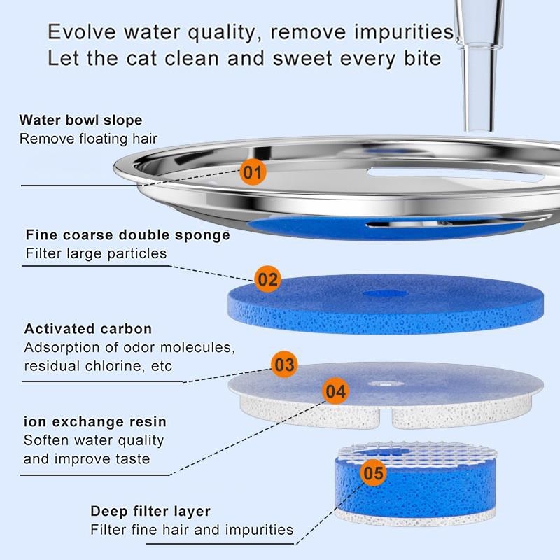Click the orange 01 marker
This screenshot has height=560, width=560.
[x=253, y=171]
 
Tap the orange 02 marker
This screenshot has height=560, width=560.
[x=267, y=280]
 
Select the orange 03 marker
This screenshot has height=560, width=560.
[x=284, y=365]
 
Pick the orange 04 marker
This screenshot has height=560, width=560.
[x=335, y=392]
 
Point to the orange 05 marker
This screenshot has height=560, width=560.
[x=373, y=474]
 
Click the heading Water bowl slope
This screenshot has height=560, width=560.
[x=80, y=120]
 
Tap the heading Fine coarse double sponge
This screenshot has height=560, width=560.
[x=127, y=234]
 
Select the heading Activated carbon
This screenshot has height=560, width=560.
[x=87, y=329]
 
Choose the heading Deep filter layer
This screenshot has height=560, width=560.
[x=150, y=511]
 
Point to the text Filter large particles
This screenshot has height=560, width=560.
[x=97, y=253]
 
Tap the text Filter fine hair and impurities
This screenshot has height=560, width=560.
[x=192, y=530]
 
